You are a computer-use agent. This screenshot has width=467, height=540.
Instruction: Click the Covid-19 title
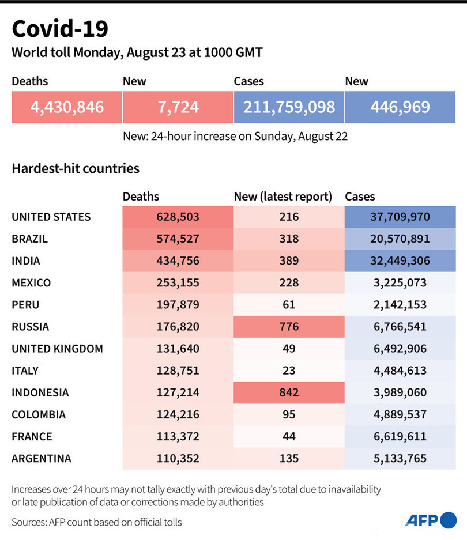(x=59, y=28)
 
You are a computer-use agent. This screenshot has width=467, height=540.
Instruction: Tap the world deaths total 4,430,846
(x=67, y=107)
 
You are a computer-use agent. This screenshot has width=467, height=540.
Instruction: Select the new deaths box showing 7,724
(x=178, y=107)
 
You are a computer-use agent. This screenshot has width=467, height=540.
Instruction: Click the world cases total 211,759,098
(x=289, y=107)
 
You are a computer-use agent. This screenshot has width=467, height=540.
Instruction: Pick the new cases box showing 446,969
(x=400, y=107)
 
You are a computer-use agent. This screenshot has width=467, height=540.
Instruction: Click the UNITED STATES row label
(x=51, y=217)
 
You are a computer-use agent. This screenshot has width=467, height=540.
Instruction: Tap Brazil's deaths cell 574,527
(x=178, y=239)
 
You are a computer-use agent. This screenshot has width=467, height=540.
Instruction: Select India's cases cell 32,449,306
(x=400, y=261)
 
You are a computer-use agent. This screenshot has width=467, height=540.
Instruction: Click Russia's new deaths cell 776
(x=289, y=327)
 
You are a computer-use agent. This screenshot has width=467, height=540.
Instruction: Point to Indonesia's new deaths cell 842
(x=289, y=392)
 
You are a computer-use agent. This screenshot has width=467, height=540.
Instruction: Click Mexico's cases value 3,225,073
(x=400, y=283)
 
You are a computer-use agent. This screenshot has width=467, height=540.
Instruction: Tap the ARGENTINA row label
(x=42, y=459)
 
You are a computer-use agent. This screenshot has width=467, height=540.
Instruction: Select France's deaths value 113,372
(x=178, y=436)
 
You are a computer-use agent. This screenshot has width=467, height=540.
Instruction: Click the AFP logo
(x=431, y=520)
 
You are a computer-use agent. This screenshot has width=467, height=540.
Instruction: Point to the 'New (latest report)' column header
(x=283, y=197)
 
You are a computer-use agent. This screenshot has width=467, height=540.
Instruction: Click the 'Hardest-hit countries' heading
(x=76, y=169)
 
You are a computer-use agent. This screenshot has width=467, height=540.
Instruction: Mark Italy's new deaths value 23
(x=289, y=371)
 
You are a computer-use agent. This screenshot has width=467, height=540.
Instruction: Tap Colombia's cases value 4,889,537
(x=400, y=414)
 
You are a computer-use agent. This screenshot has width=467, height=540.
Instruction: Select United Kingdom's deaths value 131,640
(x=178, y=349)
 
